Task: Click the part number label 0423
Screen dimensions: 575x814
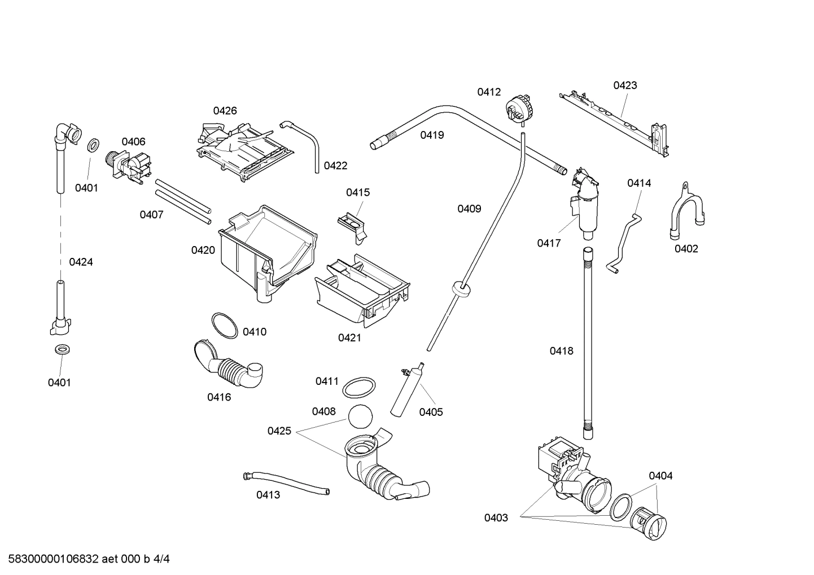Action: [x=625, y=85]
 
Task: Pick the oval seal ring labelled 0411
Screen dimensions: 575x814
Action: [x=360, y=388]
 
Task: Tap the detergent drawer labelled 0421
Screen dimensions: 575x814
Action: [x=361, y=291]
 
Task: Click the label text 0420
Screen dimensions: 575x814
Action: [x=203, y=250]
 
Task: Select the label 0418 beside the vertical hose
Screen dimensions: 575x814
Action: [x=561, y=351]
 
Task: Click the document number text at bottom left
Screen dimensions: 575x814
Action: [x=86, y=559]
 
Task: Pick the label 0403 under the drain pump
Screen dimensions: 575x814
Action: [x=496, y=517]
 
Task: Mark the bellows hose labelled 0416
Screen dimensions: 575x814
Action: [x=230, y=367]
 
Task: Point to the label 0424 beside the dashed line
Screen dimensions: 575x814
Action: [x=81, y=262]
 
